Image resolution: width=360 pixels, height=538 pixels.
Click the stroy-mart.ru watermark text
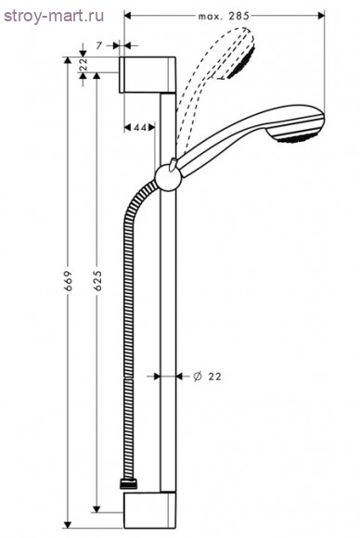(54, 17)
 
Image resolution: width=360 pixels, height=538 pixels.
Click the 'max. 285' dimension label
(224, 16)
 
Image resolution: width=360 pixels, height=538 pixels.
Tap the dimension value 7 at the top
(99, 45)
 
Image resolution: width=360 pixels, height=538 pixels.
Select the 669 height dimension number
(69, 281)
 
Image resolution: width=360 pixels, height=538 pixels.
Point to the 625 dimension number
(97, 281)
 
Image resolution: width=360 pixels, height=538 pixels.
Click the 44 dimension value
(140, 128)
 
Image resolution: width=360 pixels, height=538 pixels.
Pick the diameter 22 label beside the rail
(207, 377)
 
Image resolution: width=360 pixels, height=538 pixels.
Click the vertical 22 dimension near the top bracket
(84, 64)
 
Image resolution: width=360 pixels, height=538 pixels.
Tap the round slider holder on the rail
(167, 179)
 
